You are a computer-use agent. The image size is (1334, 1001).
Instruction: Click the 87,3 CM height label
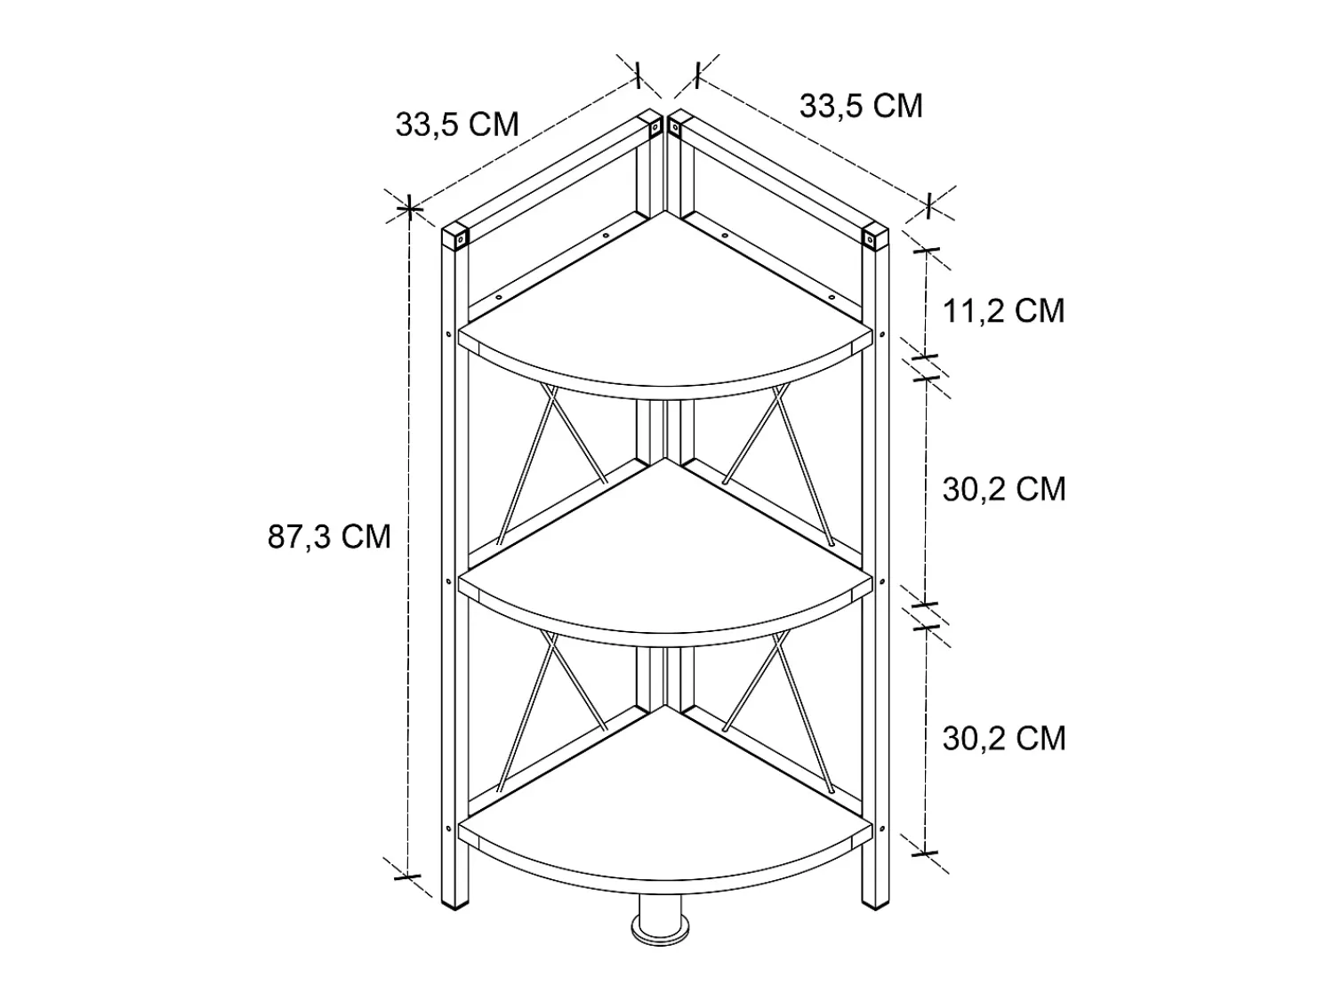(x=329, y=537)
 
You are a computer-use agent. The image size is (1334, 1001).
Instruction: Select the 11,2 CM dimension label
(x=1003, y=311)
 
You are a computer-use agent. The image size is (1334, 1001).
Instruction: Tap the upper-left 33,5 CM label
(x=457, y=124)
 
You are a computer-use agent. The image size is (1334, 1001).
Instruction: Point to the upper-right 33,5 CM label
(x=861, y=106)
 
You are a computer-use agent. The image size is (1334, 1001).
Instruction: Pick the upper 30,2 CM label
(x=1004, y=489)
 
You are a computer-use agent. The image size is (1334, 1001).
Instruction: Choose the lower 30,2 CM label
(x=1004, y=739)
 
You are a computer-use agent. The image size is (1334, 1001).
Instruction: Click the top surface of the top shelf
(x=665, y=316)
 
